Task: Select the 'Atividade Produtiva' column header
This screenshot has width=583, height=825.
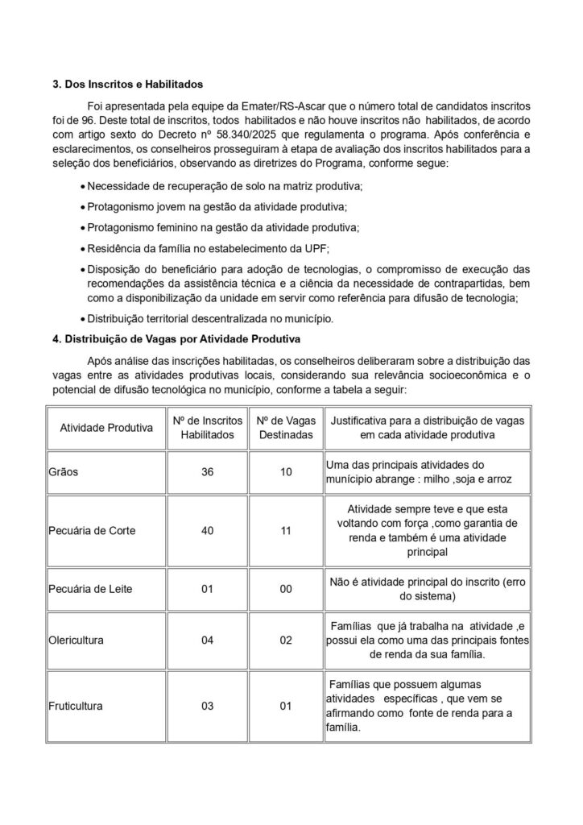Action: (106, 428)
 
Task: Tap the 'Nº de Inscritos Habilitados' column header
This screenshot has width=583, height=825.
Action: (207, 428)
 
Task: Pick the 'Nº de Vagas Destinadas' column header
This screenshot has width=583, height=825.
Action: (285, 428)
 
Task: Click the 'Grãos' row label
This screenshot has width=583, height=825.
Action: (64, 472)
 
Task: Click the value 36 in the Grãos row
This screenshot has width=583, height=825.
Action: (207, 472)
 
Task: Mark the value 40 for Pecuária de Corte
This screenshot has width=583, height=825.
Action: (207, 532)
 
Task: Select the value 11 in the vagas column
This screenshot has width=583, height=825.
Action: (285, 532)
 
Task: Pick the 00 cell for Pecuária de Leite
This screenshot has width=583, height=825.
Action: (285, 589)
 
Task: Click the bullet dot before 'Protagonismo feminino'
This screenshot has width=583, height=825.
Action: (82, 228)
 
